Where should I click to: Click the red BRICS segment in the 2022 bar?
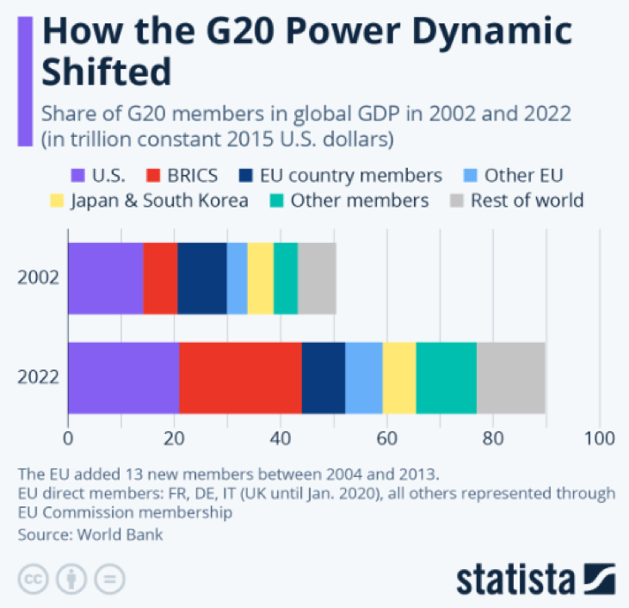click(x=240, y=377)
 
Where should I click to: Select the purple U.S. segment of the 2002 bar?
click(x=105, y=278)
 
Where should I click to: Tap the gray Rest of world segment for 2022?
click(x=511, y=377)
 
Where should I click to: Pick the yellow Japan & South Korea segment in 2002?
click(x=260, y=278)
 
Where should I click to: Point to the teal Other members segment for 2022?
click(x=446, y=377)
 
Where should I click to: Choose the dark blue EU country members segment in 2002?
click(x=202, y=278)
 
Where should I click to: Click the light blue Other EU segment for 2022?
click(x=363, y=377)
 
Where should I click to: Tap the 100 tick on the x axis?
click(x=599, y=437)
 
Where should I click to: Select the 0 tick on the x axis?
click(x=68, y=437)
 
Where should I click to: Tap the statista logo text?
click(x=517, y=579)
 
